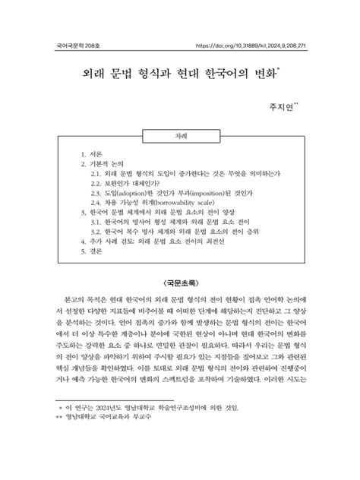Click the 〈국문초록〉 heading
coord(180,283)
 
